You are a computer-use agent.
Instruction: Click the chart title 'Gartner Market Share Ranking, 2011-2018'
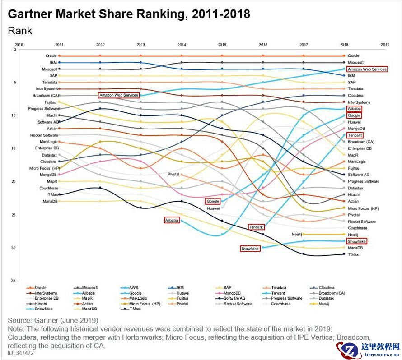(x=129, y=14)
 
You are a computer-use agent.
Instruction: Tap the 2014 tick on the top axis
(x=182, y=45)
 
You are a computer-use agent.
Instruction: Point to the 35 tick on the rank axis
(x=14, y=281)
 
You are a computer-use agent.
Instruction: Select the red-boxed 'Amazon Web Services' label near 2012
(x=119, y=95)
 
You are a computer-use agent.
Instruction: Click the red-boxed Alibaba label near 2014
(x=172, y=220)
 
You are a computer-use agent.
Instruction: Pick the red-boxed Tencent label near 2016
(x=256, y=227)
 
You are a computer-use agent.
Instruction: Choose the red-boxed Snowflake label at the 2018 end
(x=357, y=241)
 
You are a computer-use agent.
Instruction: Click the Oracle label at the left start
(x=51, y=56)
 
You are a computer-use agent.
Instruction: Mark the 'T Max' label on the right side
(x=353, y=254)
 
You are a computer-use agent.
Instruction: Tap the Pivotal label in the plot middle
(x=174, y=174)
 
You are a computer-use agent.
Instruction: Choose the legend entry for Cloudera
(x=327, y=287)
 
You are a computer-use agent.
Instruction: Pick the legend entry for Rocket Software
(x=237, y=304)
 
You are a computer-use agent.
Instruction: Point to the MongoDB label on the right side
(x=356, y=129)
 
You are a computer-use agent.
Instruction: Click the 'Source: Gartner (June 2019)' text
(x=53, y=320)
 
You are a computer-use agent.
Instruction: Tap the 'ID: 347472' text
(x=21, y=353)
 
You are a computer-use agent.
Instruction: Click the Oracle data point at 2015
(x=222, y=56)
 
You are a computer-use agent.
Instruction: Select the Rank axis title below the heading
(x=20, y=31)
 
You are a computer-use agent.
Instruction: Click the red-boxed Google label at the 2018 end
(x=354, y=115)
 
